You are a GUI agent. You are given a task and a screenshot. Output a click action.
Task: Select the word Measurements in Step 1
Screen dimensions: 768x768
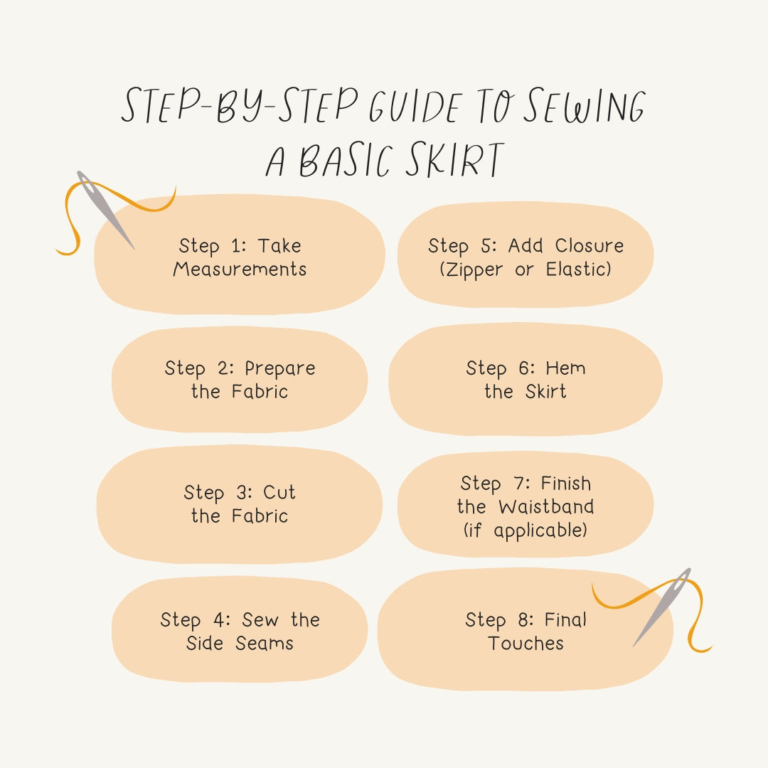240,270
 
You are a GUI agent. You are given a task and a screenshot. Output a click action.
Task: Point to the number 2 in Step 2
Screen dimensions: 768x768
223,368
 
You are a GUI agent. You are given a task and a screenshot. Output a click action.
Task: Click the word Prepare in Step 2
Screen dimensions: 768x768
279,368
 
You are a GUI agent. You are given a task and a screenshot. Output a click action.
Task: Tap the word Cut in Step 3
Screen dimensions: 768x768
279,492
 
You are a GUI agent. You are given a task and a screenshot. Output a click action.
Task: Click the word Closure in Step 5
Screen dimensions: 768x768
590,246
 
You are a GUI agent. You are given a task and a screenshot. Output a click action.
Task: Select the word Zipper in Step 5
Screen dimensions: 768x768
471,270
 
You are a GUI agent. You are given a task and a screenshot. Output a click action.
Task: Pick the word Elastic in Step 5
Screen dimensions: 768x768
578,270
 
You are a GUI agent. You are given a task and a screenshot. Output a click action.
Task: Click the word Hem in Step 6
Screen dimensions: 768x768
566,368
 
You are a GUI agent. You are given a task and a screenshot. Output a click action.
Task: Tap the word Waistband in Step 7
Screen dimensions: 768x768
546,507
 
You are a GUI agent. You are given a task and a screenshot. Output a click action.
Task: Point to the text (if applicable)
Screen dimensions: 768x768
526,530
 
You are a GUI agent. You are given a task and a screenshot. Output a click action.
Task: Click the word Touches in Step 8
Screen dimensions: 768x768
526,644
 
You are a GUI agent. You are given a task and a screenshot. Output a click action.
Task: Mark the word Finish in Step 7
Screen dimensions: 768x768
565,484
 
